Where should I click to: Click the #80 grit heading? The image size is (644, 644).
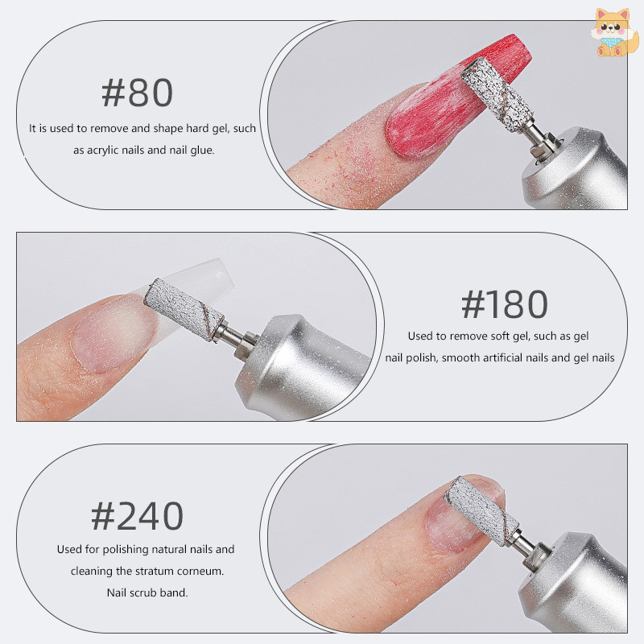click(x=137, y=93)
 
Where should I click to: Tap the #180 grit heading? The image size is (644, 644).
click(x=505, y=304)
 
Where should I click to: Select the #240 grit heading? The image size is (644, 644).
click(x=137, y=516)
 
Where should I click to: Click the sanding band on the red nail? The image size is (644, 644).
click(x=497, y=94)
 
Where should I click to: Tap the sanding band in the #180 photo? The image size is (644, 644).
click(x=184, y=308)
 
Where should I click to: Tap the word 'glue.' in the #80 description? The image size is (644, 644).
click(x=202, y=151)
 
